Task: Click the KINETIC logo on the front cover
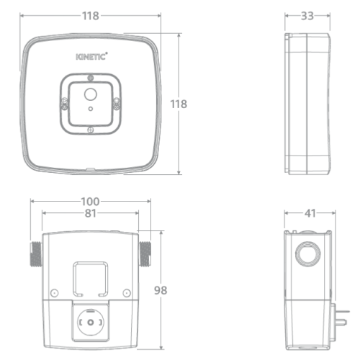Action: point(91,57)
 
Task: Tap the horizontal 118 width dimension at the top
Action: point(91,16)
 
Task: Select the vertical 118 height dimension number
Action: point(179,104)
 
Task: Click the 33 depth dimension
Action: point(307,16)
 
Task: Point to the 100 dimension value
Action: point(90,202)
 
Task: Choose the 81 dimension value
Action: point(91,213)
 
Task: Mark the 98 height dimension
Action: point(161,290)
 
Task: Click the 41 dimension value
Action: point(310,213)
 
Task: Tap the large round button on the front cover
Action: point(91,94)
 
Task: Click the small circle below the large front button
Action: point(91,109)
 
